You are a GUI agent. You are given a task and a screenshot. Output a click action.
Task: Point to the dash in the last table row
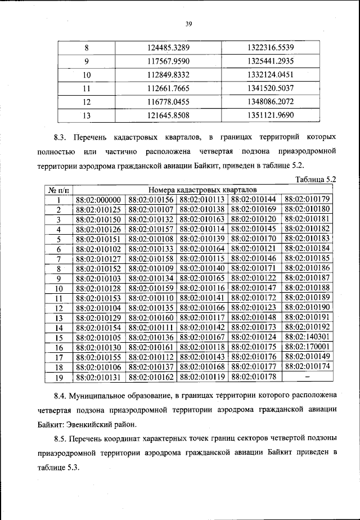(307, 376)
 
